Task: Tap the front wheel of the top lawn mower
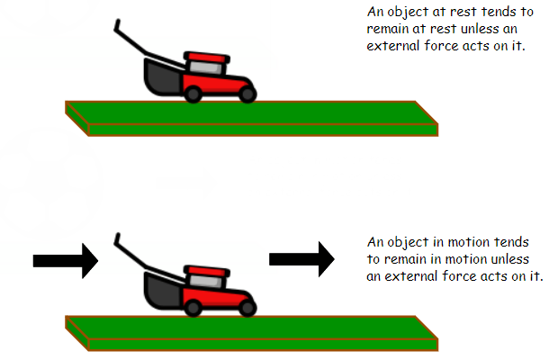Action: coord(247,92)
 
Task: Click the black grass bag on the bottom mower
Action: coord(162,292)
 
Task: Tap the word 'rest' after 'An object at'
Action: coord(471,13)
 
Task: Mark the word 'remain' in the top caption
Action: coord(391,30)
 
